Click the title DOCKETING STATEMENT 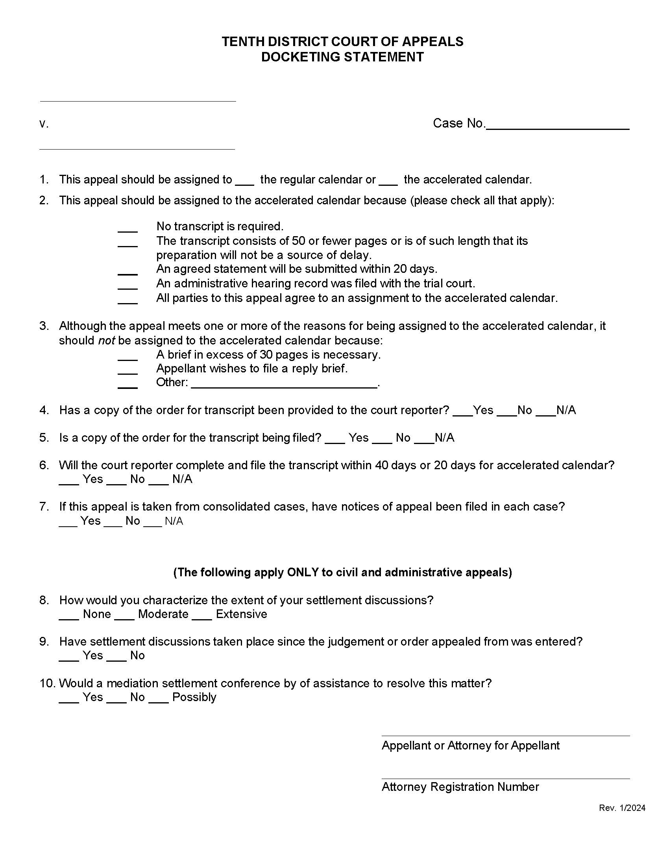pyautogui.click(x=342, y=57)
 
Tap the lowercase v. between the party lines pyautogui.click(x=44, y=124)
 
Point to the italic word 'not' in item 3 pyautogui.click(x=106, y=340)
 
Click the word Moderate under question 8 pyautogui.click(x=163, y=614)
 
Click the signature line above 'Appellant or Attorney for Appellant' pyautogui.click(x=505, y=736)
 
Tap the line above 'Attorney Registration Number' pyautogui.click(x=505, y=778)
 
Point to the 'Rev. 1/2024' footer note pyautogui.click(x=622, y=808)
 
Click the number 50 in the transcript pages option pyautogui.click(x=298, y=241)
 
